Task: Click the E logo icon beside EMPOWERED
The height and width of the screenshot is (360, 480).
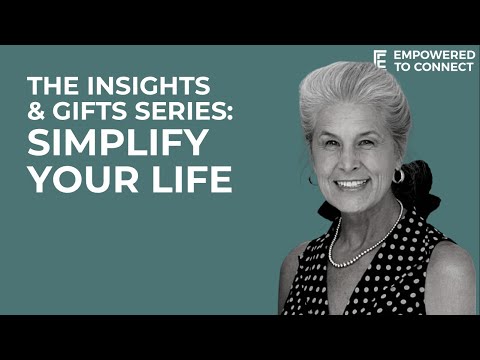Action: coord(379,59)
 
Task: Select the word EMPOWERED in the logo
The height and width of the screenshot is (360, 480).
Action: coord(434,53)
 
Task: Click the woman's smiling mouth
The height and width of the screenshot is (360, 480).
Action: coord(352,183)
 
